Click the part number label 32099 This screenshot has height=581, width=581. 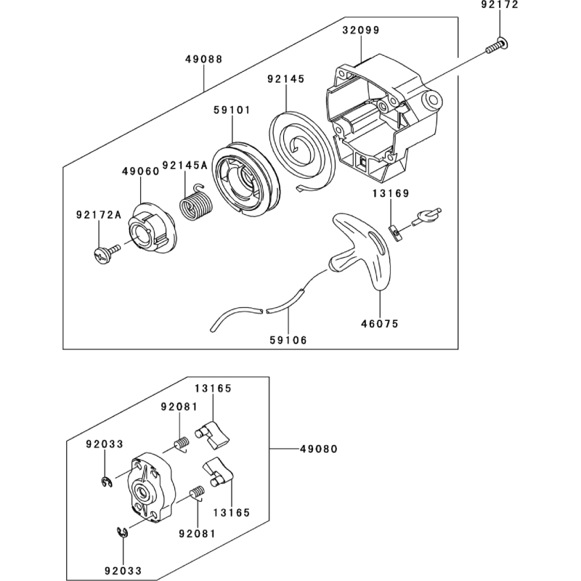pyautogui.click(x=360, y=31)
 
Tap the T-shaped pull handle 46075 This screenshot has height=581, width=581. pyautogui.click(x=367, y=251)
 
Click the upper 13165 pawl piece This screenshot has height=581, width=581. pyautogui.click(x=216, y=433)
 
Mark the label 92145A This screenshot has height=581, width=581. pyautogui.click(x=184, y=165)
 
